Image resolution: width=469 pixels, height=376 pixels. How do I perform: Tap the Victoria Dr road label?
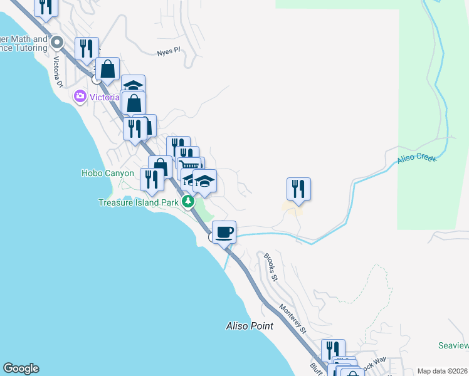pos(60,64)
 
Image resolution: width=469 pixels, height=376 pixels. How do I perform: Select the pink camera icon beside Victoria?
pos(80,97)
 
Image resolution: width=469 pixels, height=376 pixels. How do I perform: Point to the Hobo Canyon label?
pos(107,173)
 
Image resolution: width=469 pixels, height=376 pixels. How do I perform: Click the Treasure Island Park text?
pos(139,202)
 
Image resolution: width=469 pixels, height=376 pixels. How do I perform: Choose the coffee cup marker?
pos(224,232)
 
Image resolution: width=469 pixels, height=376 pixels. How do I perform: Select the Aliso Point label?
pos(250,326)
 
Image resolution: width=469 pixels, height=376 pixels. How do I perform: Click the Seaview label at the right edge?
pos(453,346)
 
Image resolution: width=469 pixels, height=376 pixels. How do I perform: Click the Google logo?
pos(21,368)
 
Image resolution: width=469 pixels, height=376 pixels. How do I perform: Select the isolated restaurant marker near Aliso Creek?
pos(299,189)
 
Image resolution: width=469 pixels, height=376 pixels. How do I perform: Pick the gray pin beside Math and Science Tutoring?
pos(58,43)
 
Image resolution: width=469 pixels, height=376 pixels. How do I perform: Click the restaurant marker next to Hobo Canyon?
pos(152,179)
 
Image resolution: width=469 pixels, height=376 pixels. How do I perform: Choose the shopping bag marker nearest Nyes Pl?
pos(108,69)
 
